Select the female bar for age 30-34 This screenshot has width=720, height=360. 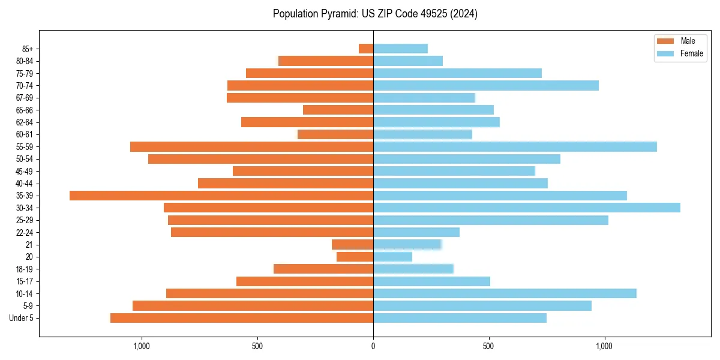point(527,208)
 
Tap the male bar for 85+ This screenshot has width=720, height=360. point(366,49)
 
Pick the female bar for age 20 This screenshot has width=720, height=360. point(392,257)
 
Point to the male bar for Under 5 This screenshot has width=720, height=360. point(242,318)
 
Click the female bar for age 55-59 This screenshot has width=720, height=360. point(515,146)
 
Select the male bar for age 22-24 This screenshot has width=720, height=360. point(272,232)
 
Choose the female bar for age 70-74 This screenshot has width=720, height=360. point(486,85)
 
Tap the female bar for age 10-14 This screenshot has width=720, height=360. point(505,293)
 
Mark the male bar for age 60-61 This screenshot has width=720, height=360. point(335,134)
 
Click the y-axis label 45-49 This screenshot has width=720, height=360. point(25,171)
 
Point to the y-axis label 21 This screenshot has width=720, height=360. point(29,245)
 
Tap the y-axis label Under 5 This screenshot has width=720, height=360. point(21,318)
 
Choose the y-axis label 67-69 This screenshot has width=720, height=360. point(25,98)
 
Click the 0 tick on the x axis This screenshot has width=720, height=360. point(373,346)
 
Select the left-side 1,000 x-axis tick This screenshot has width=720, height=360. point(142,346)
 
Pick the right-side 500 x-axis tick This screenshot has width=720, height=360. point(488,346)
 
